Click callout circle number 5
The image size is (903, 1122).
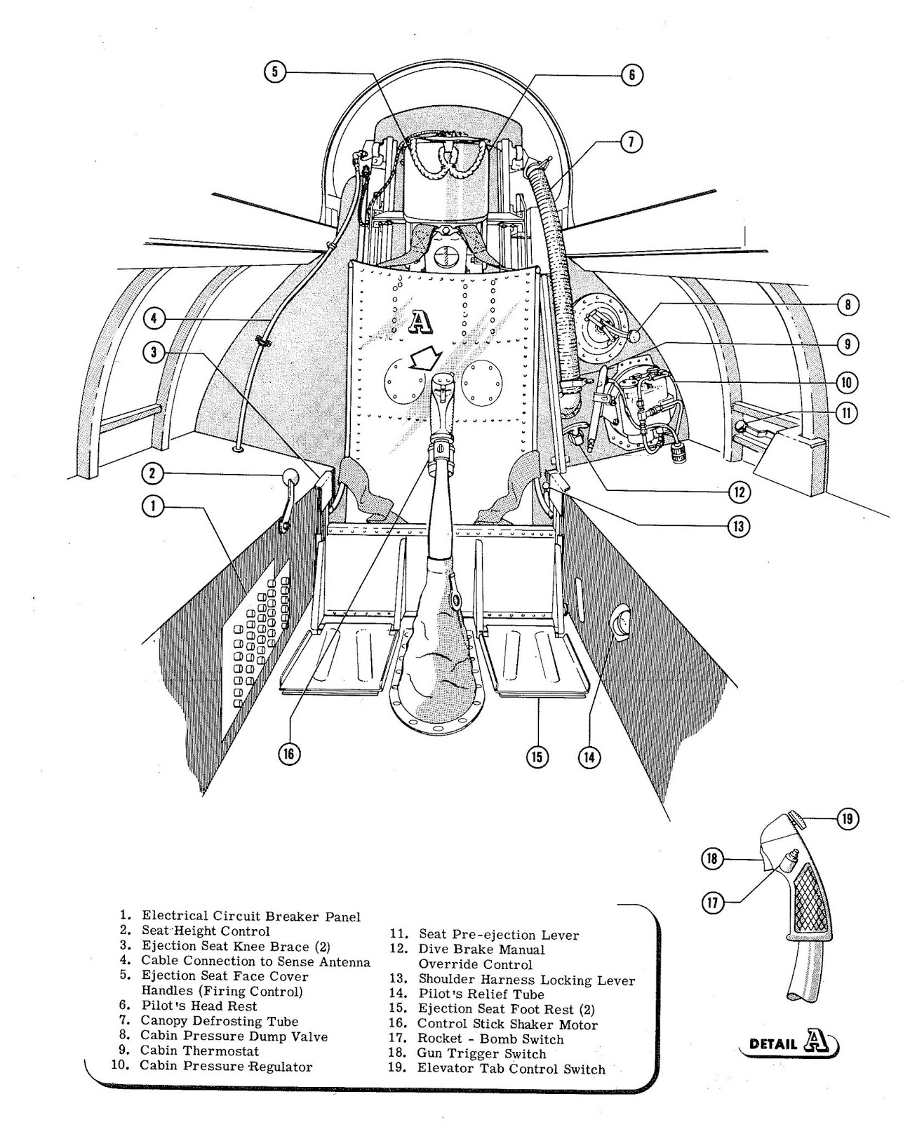(x=276, y=72)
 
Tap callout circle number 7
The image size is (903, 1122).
(x=630, y=142)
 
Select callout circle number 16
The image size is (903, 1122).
(x=288, y=754)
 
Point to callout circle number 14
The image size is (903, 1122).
(x=589, y=757)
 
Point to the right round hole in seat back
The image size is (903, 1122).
(x=483, y=384)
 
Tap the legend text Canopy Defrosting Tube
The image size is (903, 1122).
(x=220, y=1021)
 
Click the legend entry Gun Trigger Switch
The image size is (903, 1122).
(x=481, y=1053)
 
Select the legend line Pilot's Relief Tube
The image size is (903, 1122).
(x=481, y=994)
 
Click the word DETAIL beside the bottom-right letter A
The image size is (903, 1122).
(x=772, y=1043)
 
